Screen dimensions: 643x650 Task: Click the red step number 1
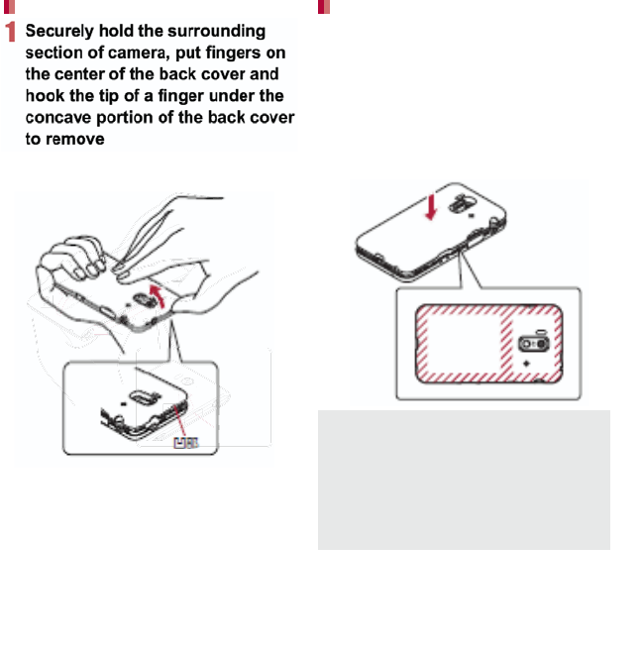point(10,34)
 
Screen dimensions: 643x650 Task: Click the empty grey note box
point(463,480)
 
